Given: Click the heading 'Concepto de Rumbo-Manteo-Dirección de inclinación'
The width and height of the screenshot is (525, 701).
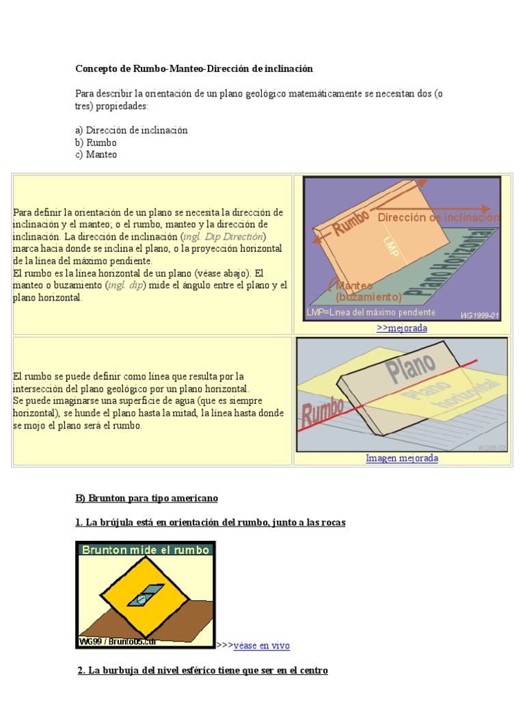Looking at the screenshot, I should [x=193, y=68].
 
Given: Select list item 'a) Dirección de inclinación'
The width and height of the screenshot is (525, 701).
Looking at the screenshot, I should [x=131, y=130].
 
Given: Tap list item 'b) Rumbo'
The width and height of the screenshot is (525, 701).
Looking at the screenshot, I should [x=96, y=142].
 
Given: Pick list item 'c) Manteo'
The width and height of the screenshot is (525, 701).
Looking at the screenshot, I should [x=96, y=155].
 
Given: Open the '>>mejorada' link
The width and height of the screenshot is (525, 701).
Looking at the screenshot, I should [x=402, y=328].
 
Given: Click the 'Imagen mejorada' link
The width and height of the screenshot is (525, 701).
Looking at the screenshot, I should [x=402, y=458].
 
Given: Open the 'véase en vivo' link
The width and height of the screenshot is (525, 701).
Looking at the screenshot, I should [x=262, y=646].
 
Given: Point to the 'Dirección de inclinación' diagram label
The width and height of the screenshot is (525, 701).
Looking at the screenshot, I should [x=438, y=217].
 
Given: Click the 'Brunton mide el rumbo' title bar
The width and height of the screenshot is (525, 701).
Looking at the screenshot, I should [x=144, y=549].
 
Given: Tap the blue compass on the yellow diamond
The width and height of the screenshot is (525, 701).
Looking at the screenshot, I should [x=145, y=595].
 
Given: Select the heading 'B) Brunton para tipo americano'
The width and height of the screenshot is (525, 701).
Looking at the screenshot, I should [x=146, y=498].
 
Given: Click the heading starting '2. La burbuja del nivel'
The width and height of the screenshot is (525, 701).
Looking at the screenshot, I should [x=202, y=670].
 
